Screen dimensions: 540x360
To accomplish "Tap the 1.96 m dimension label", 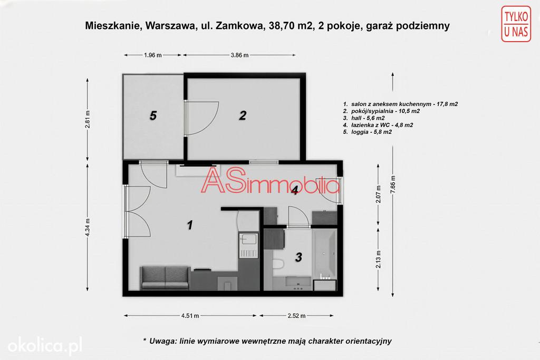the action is point(153,55).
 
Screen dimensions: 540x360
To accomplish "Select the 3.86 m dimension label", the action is point(240,55).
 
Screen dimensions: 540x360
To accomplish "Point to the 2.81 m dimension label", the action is point(88,119).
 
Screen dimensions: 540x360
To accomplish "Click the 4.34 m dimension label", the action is point(88,228).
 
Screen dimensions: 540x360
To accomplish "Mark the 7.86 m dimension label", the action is point(393,184).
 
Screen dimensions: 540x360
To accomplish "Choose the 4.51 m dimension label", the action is point(190,316).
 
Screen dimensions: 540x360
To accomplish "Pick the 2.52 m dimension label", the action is point(296,316).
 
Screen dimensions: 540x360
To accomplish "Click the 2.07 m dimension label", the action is point(379,194).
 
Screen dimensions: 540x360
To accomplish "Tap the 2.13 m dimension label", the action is point(379,259).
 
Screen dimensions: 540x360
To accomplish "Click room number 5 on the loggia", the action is point(153,115).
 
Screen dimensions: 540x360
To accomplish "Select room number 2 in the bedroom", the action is point(243,115).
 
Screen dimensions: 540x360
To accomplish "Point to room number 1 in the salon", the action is point(190,225).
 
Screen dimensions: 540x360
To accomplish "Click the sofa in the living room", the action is point(165,278).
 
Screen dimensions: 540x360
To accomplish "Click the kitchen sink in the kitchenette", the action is point(248,239).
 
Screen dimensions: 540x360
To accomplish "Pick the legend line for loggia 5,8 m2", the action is point(368,132).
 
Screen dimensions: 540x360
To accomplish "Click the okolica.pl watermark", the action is point(45,345).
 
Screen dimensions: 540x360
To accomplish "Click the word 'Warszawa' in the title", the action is point(169,26).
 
